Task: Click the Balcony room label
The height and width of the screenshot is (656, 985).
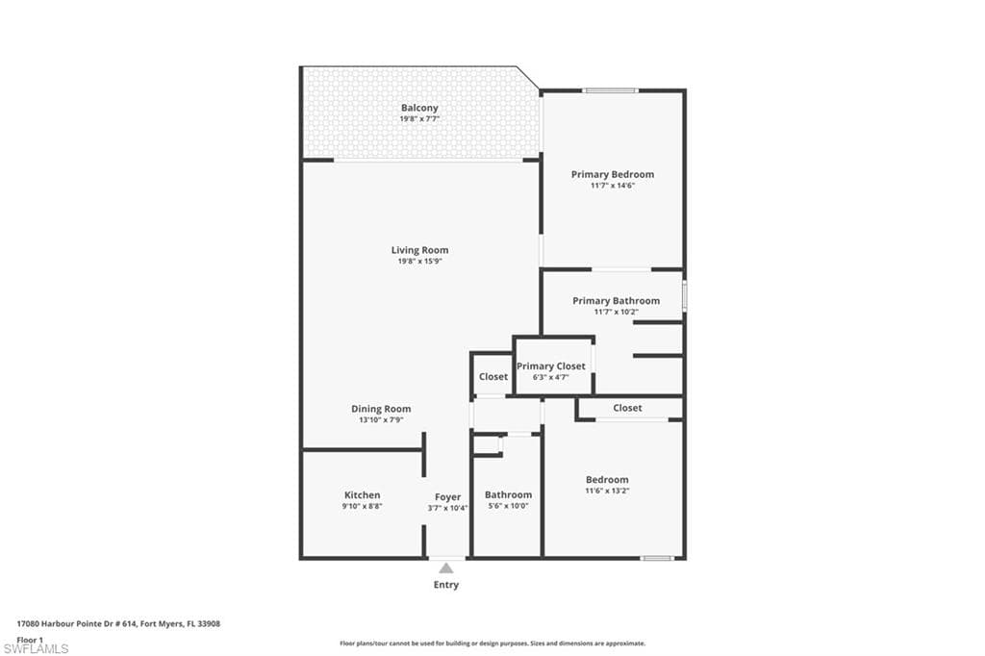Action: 419,108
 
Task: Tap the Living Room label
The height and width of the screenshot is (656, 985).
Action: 419,250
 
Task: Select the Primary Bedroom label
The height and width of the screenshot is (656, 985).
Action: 612,174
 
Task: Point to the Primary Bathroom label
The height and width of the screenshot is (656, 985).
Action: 616,301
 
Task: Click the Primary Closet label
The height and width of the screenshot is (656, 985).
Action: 550,366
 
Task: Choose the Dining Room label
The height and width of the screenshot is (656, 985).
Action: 381,409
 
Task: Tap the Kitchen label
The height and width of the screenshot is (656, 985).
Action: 363,495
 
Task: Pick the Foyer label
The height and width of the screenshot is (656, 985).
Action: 447,497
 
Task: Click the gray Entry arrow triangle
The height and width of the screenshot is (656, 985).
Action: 446,568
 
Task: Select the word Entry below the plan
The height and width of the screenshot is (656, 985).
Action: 446,585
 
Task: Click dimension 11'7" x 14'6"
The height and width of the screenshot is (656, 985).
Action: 612,186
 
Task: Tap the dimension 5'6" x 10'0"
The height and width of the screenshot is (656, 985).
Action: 508,506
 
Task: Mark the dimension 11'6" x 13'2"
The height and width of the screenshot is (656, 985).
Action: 607,491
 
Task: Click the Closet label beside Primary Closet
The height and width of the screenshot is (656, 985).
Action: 493,377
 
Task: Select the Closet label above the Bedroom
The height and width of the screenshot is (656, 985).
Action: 627,408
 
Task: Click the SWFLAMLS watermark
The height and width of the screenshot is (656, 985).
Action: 36,648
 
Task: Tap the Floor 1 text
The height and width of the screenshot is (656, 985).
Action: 30,639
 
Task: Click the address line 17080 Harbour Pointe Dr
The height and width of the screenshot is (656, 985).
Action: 118,623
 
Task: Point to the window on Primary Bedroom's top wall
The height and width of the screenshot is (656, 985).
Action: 610,91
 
